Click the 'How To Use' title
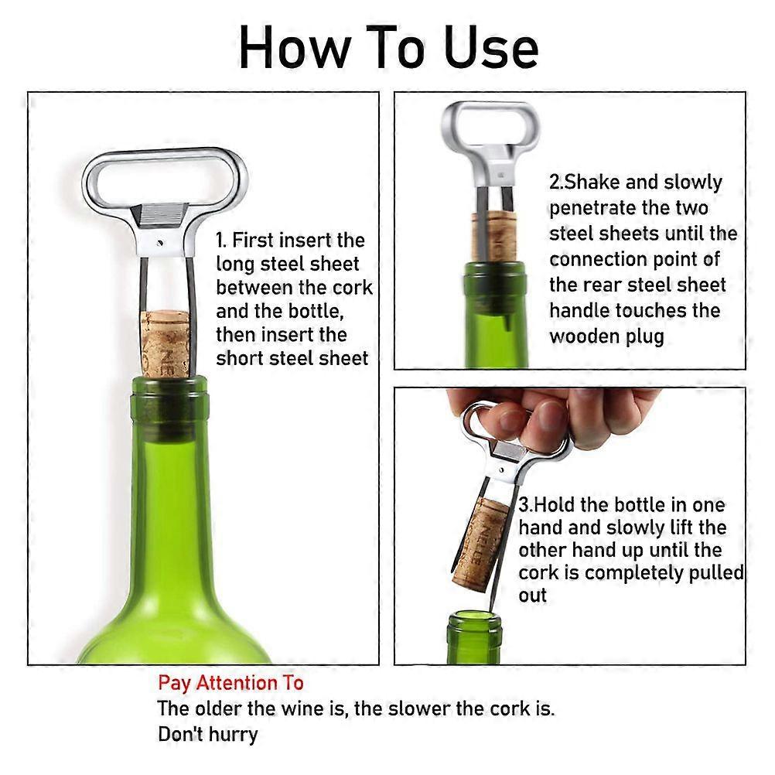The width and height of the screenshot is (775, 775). pos(387,48)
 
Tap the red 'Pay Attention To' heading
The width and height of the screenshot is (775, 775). pos(230,683)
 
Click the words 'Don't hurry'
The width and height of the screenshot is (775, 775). pos(207,733)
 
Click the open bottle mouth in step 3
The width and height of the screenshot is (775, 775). pos(474,616)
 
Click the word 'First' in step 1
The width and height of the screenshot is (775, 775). pos(261,240)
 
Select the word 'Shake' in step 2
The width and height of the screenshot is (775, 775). pos(597,183)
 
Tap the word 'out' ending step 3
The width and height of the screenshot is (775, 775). pos(533,596)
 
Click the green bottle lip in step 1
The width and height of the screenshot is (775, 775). pos(169,386)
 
